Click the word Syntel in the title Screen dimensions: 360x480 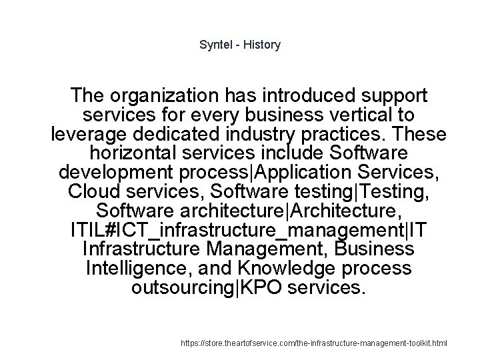[215, 45]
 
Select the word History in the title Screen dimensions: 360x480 [262, 45]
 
